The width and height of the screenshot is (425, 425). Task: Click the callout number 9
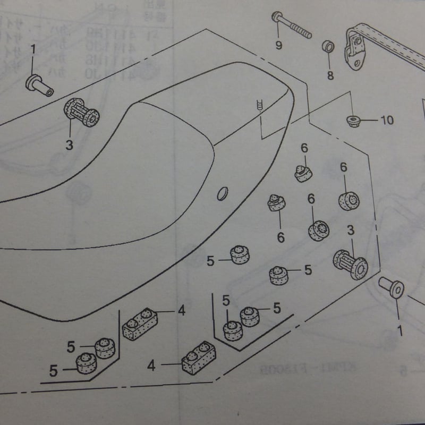click(279, 45)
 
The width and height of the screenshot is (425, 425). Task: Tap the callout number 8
click(330, 75)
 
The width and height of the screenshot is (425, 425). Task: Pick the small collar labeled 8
click(328, 47)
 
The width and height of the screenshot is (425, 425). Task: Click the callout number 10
click(387, 120)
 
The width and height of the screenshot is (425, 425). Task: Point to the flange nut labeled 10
click(352, 121)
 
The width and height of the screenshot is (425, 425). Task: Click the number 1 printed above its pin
click(33, 50)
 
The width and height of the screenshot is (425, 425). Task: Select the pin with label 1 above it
click(40, 86)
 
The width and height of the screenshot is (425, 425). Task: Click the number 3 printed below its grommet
click(70, 143)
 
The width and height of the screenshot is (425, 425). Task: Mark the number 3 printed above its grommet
click(351, 230)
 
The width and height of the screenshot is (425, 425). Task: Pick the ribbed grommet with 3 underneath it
click(81, 113)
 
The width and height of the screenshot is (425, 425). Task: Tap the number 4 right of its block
click(182, 311)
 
